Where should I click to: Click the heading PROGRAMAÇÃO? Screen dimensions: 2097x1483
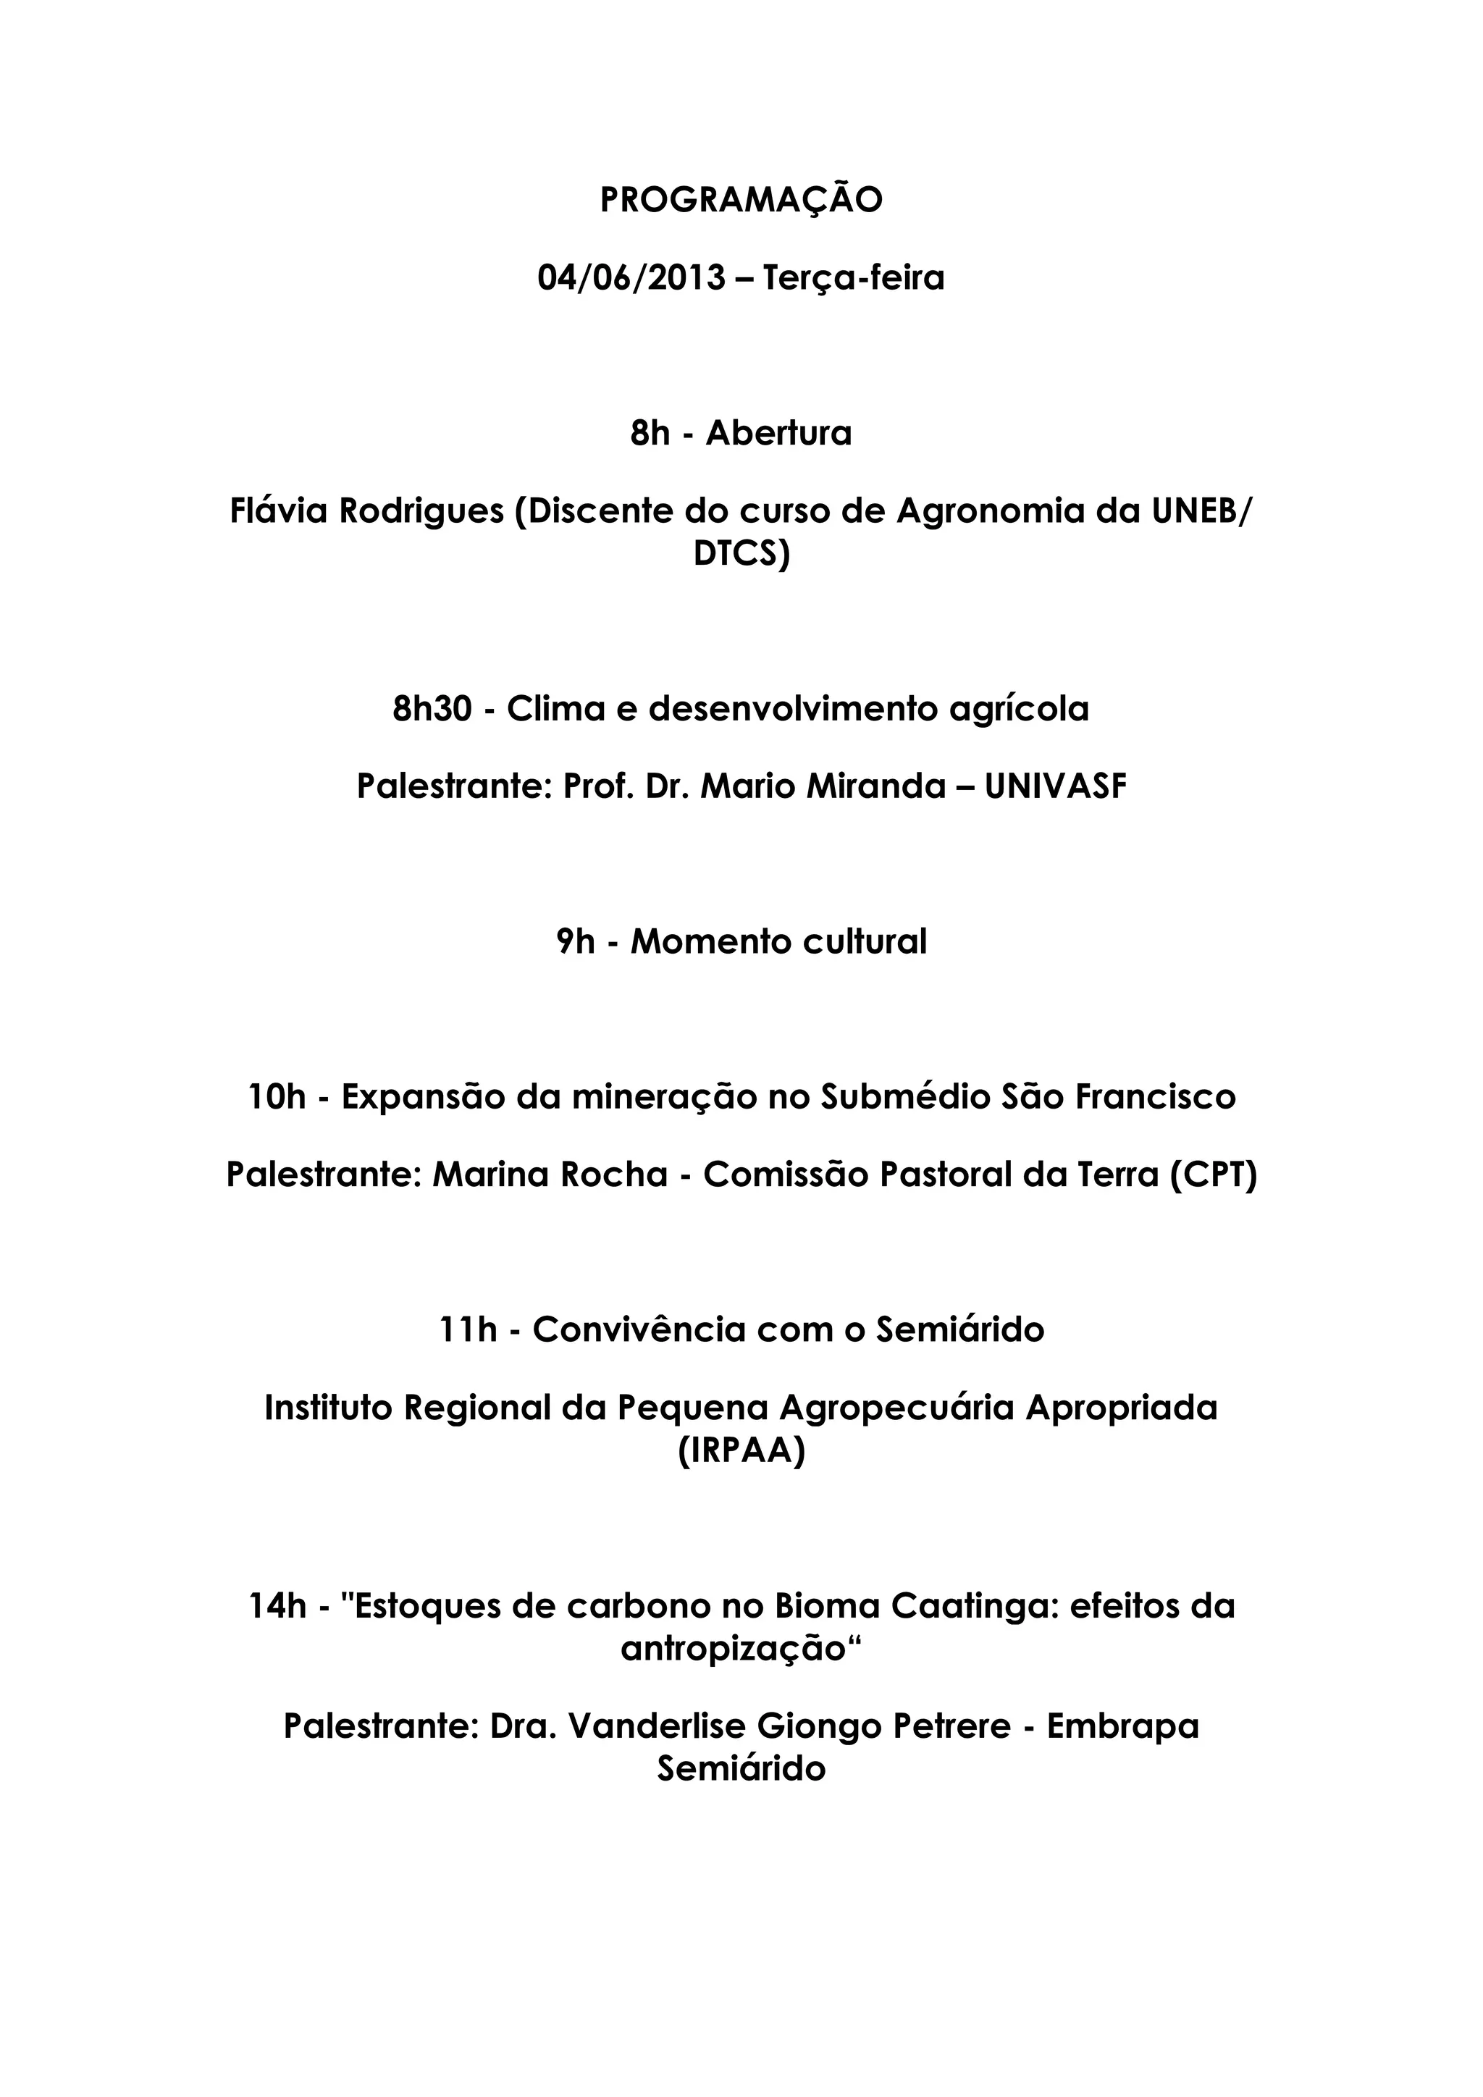click(741, 200)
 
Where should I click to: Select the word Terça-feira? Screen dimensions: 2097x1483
click(853, 277)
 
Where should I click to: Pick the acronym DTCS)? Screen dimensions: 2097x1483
click(741, 555)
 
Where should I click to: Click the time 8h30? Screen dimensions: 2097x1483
click(432, 709)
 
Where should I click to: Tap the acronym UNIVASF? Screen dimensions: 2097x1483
click(1056, 786)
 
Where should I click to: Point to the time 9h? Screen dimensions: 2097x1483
click(575, 941)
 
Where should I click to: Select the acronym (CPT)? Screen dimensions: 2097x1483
click(1214, 1174)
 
